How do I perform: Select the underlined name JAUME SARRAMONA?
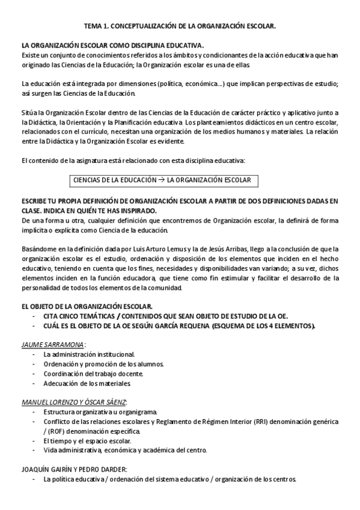pyautogui.click(x=52, y=345)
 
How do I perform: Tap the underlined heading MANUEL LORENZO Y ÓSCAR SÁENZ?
pyautogui.click(x=74, y=402)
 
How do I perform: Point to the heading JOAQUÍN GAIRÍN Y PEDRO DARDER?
pyautogui.click(x=74, y=469)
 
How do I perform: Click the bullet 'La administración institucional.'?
pyautogui.click(x=89, y=354)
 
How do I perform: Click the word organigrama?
pyautogui.click(x=136, y=411)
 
